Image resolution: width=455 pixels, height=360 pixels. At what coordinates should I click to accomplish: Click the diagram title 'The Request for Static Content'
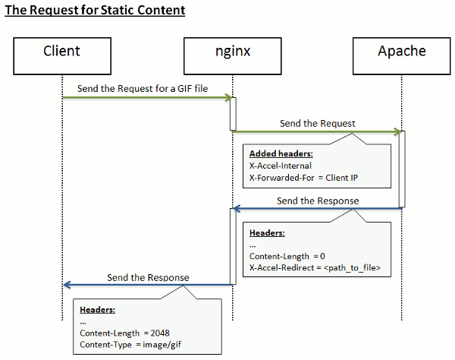pos(95,11)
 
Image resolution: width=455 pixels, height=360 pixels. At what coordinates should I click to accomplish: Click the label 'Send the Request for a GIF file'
pos(142,88)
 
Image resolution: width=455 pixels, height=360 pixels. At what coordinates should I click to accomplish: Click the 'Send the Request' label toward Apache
pos(317,123)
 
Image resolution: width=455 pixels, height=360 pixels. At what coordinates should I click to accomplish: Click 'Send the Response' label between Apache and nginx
pos(318,201)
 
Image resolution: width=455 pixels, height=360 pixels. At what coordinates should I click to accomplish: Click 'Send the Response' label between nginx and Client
pos(148,277)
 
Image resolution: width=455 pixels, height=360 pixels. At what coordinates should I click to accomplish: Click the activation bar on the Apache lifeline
pos(402,169)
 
